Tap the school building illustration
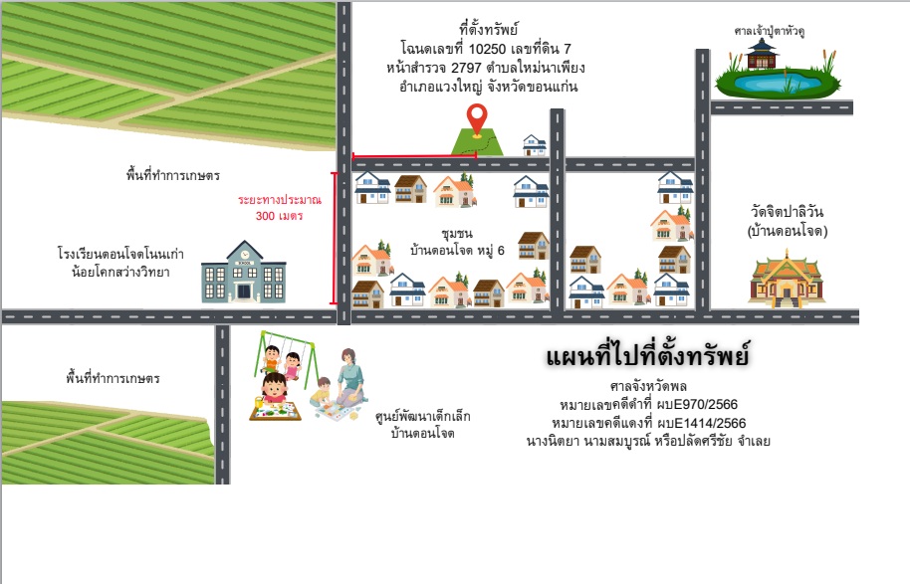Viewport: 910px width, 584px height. point(244,272)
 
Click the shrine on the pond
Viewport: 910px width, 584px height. point(761,54)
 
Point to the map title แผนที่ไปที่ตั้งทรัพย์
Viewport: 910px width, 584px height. point(648,356)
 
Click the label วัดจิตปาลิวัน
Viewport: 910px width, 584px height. point(787,212)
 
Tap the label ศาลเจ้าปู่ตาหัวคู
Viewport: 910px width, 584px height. point(769,31)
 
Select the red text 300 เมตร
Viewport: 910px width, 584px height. point(279,216)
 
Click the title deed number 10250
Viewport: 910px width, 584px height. point(487,49)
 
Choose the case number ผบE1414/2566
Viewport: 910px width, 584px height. point(701,423)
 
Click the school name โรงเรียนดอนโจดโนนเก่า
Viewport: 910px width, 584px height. point(120,254)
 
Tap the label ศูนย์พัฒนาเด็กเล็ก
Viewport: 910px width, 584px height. point(422,416)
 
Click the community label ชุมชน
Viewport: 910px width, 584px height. point(457,234)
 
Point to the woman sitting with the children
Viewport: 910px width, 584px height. point(349,377)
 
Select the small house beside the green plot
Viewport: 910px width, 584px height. point(534,145)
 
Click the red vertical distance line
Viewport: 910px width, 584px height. point(334,238)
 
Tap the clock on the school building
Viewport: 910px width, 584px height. point(244,254)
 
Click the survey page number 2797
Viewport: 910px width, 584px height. point(466,68)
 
